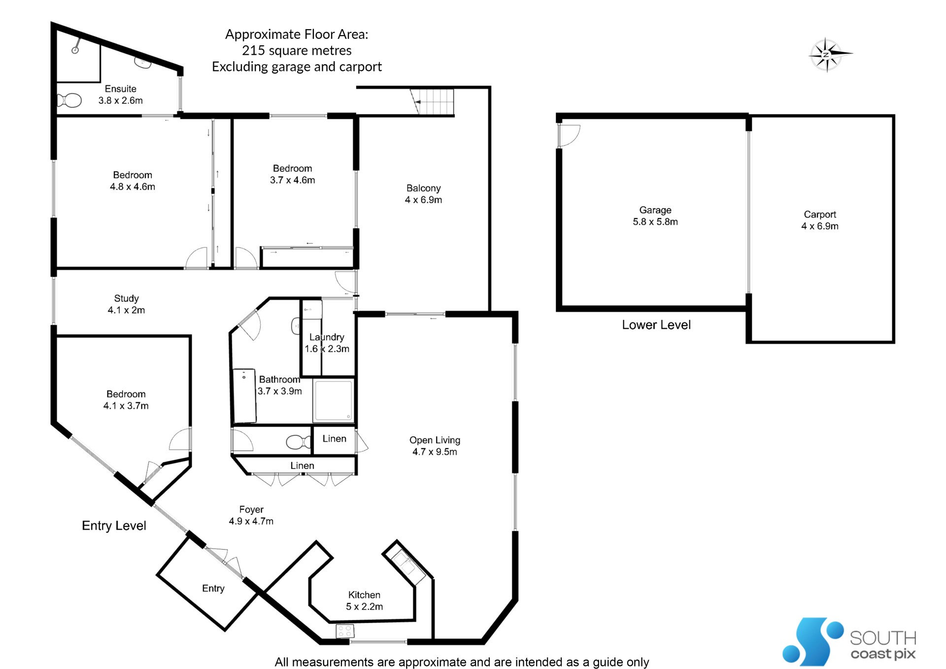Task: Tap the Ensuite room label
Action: click(x=121, y=89)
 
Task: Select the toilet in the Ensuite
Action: click(x=69, y=101)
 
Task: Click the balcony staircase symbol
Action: click(x=432, y=102)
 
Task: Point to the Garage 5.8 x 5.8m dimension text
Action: click(x=655, y=222)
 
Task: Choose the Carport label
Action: click(x=820, y=214)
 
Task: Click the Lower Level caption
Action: click(x=656, y=325)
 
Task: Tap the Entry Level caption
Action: click(x=114, y=526)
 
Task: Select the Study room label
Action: click(x=127, y=298)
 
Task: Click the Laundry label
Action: click(x=327, y=337)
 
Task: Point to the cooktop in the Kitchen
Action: click(x=345, y=631)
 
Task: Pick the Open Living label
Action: click(x=435, y=440)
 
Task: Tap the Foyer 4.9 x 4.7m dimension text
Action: click(x=251, y=521)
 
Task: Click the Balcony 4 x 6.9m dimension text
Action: click(x=424, y=200)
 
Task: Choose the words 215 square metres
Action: click(x=297, y=50)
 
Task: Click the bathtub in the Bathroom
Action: click(x=244, y=396)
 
